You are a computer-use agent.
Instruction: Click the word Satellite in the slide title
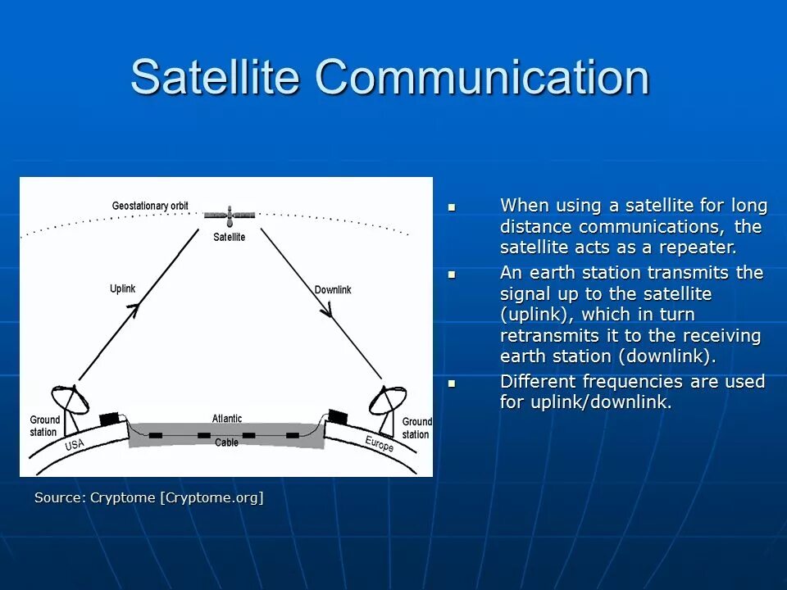pos(215,76)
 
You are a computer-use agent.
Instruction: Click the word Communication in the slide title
pos(482,76)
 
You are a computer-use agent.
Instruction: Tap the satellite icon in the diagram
pos(230,216)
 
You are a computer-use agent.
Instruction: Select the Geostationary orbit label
pos(150,206)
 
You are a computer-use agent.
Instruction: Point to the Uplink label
pos(122,288)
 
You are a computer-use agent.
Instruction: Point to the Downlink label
pos(333,289)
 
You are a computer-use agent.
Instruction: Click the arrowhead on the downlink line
pos(328,310)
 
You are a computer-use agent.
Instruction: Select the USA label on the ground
pos(75,444)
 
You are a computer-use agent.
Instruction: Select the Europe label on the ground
pos(380,443)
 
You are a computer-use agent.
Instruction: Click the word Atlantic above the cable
pos(227,419)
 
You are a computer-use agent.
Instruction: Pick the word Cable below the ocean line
pos(226,442)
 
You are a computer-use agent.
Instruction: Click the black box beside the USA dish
pos(110,420)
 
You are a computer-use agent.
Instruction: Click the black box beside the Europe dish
pos(338,416)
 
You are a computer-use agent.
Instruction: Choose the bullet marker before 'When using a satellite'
pos(452,206)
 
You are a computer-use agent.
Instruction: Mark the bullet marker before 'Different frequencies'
pos(452,383)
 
